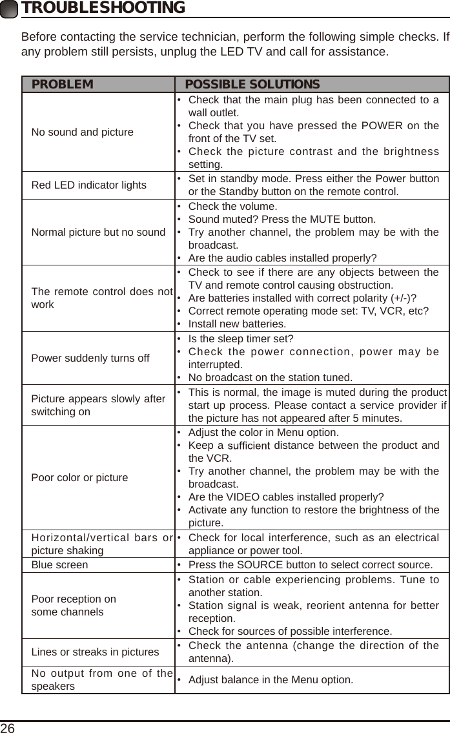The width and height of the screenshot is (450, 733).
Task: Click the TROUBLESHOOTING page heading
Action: pyautogui.click(x=103, y=8)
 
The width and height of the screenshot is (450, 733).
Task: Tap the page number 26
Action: pyautogui.click(x=8, y=727)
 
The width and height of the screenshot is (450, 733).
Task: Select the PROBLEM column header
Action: pyautogui.click(x=63, y=85)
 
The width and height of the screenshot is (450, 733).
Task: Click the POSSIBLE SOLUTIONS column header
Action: pyautogui.click(x=252, y=85)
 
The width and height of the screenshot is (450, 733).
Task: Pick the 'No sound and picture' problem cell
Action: pyautogui.click(x=83, y=132)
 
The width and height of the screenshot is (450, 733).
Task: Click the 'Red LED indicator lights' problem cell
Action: pyautogui.click(x=89, y=185)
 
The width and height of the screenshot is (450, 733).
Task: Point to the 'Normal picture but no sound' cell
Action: pyautogui.click(x=98, y=232)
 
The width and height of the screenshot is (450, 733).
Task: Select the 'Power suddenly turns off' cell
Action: pyautogui.click(x=90, y=358)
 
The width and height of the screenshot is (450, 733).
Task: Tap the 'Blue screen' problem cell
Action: pyautogui.click(x=60, y=564)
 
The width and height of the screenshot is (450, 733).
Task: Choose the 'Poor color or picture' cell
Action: pyautogui.click(x=80, y=478)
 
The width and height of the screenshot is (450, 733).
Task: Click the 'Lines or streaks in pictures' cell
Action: pyautogui.click(x=95, y=652)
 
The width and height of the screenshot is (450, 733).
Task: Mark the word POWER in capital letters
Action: pyautogui.click(x=381, y=125)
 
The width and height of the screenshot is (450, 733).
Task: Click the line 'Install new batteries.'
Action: pyautogui.click(x=237, y=324)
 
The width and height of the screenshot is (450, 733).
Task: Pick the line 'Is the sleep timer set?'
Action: pyautogui.click(x=240, y=339)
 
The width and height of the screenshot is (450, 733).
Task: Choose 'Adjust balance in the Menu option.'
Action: pyautogui.click(x=271, y=680)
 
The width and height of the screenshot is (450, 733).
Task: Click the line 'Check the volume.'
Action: pyautogui.click(x=232, y=207)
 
